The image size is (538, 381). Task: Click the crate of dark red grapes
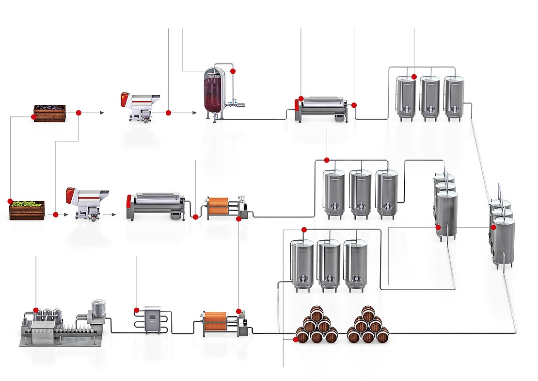pos(49,113)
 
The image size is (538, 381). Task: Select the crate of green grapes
pos(27,211)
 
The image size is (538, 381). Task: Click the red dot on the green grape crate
pos(10,201)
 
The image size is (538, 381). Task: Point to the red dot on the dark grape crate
pos(33,117)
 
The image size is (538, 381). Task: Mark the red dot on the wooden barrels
pos(296,340)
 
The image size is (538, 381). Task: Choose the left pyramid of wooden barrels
pos(316,326)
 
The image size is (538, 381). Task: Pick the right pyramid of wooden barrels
pos(368,326)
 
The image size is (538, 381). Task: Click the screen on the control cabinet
pos(153,317)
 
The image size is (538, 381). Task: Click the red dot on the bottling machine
pos(35,310)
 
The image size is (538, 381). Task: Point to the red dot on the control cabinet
pos(137,310)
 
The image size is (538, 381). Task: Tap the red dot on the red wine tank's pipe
pos(233,71)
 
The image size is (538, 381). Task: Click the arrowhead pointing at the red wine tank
pos(195,113)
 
